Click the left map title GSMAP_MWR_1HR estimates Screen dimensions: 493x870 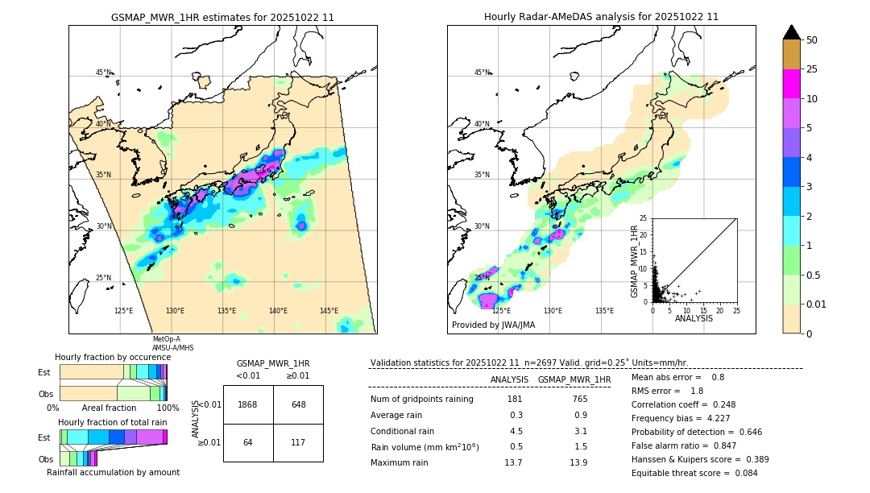click(x=222, y=17)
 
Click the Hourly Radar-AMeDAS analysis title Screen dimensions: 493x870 click(x=601, y=17)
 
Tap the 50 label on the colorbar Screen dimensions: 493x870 click(x=812, y=39)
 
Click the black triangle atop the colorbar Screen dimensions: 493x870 click(x=792, y=32)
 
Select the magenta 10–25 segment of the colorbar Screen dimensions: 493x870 click(x=792, y=84)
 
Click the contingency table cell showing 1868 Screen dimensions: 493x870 click(x=248, y=404)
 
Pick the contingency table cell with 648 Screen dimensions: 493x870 click(x=298, y=404)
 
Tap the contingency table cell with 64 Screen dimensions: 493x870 click(x=248, y=442)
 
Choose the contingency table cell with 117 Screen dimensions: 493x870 click(x=298, y=442)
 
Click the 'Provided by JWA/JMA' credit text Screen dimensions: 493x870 click(x=493, y=325)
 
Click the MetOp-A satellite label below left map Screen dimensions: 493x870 click(x=167, y=339)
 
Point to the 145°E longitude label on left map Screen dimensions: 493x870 click(x=329, y=311)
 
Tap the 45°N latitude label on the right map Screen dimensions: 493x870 click(x=482, y=72)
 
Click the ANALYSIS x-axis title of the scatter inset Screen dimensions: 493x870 click(x=694, y=318)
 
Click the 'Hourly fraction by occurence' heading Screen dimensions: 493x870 click(x=113, y=357)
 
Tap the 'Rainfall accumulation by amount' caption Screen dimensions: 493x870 click(x=113, y=472)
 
